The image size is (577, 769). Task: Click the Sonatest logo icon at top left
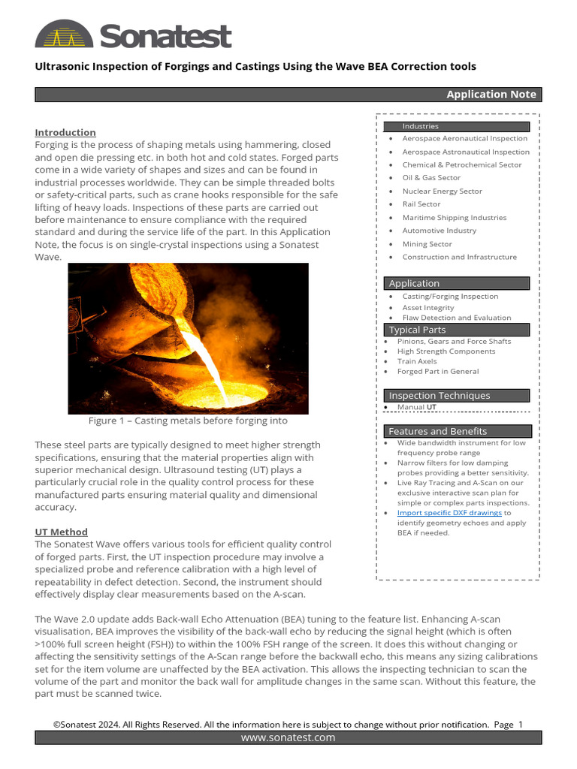[64, 35]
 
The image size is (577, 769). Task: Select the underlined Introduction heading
[65, 132]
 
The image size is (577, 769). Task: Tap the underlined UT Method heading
[61, 532]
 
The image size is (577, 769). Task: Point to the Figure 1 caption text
[188, 421]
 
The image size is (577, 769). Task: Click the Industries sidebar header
[420, 126]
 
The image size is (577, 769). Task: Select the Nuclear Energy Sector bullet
[442, 191]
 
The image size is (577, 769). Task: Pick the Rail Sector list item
[421, 204]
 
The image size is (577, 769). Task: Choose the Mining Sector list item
[427, 244]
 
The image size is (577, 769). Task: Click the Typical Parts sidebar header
[417, 330]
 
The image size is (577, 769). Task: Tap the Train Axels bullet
[417, 361]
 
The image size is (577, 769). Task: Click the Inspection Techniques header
[439, 396]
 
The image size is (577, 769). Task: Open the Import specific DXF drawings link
[449, 513]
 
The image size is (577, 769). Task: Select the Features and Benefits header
[437, 432]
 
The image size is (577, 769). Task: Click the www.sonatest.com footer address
[288, 738]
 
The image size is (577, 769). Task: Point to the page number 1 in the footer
[520, 725]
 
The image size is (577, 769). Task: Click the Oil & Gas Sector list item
[430, 178]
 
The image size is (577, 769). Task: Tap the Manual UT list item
[416, 407]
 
